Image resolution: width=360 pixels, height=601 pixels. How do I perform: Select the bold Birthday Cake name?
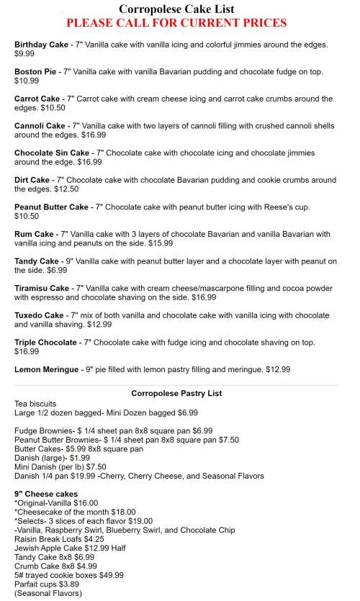coord(40,45)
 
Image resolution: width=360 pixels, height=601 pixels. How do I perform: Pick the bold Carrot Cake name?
coord(37,99)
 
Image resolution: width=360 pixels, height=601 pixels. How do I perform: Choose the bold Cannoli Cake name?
coord(40,125)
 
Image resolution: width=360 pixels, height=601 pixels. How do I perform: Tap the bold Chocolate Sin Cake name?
coord(52,153)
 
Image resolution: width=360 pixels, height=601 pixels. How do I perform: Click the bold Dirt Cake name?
coord(32,179)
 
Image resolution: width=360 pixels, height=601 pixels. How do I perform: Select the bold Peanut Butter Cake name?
coord(51,207)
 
